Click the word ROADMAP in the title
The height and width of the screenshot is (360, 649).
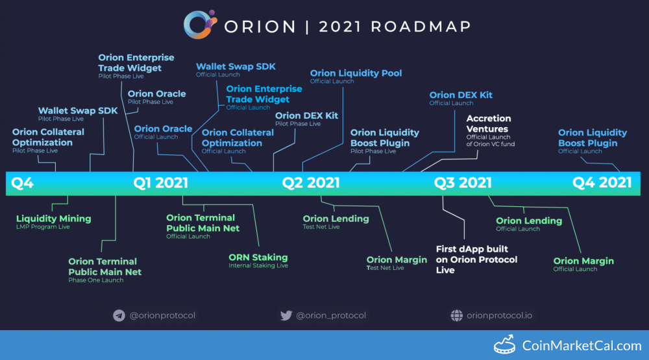click(x=421, y=27)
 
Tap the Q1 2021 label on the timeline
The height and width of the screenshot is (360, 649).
click(x=160, y=183)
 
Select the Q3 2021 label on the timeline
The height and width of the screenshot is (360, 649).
click(x=463, y=183)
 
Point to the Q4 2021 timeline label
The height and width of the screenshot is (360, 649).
click(x=602, y=183)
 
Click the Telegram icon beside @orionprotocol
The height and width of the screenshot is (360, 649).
click(x=119, y=316)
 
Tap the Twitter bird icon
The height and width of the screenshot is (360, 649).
click(x=286, y=316)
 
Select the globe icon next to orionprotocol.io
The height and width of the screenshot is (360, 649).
click(x=456, y=316)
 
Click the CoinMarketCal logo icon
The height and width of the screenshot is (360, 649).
click(x=504, y=344)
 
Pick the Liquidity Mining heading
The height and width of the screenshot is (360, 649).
click(x=53, y=219)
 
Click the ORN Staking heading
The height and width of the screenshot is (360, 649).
click(x=258, y=258)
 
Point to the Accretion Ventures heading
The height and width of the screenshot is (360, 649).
click(x=489, y=124)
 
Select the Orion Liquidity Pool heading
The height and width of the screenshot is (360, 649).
click(x=356, y=73)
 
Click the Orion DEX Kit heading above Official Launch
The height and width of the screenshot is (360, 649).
click(x=461, y=95)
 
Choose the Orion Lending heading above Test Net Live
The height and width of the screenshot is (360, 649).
click(x=336, y=219)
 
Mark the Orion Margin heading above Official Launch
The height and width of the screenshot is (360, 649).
click(x=583, y=261)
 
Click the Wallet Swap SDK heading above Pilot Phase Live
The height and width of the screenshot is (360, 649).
click(x=78, y=111)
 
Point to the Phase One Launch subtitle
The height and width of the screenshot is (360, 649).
click(x=95, y=280)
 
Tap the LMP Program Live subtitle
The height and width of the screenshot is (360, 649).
click(x=43, y=227)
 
